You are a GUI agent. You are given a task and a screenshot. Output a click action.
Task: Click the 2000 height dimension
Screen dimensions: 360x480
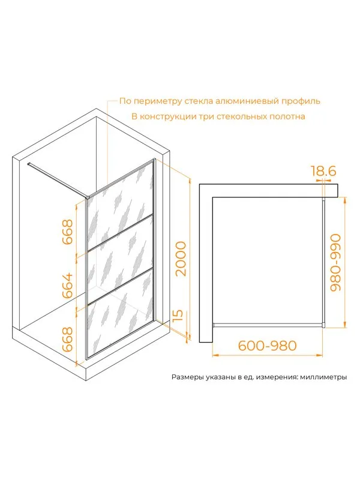pyautogui.click(x=181, y=259)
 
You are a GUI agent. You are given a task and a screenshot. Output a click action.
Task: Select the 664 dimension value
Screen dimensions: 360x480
pyautogui.click(x=68, y=286)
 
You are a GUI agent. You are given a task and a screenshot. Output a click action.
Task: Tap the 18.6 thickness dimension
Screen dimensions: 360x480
pyautogui.click(x=323, y=170)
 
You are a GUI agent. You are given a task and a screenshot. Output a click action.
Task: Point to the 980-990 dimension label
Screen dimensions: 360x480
pyautogui.click(x=335, y=262)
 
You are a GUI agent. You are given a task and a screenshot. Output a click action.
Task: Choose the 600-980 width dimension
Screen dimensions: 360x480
pyautogui.click(x=268, y=346)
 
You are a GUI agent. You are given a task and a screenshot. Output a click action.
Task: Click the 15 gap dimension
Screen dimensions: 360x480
pyautogui.click(x=178, y=316)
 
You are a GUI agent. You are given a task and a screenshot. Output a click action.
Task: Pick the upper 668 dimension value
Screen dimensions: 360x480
pyautogui.click(x=68, y=232)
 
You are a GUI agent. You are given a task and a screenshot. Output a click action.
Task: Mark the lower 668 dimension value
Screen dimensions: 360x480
pyautogui.click(x=68, y=339)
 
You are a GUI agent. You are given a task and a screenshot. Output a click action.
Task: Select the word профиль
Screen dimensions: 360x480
pyautogui.click(x=301, y=101)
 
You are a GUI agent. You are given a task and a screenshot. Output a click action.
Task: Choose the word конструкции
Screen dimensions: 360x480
pyautogui.click(x=169, y=117)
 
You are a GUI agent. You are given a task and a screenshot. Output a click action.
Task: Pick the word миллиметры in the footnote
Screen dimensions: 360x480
pyautogui.click(x=323, y=377)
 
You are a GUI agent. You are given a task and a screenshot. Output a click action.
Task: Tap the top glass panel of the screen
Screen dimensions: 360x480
pyautogui.click(x=121, y=208)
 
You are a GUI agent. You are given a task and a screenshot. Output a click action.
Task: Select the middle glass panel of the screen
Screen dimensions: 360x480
pyautogui.click(x=121, y=260)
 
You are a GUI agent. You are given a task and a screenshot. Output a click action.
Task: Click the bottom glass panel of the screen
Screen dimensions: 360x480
pyautogui.click(x=121, y=314)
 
